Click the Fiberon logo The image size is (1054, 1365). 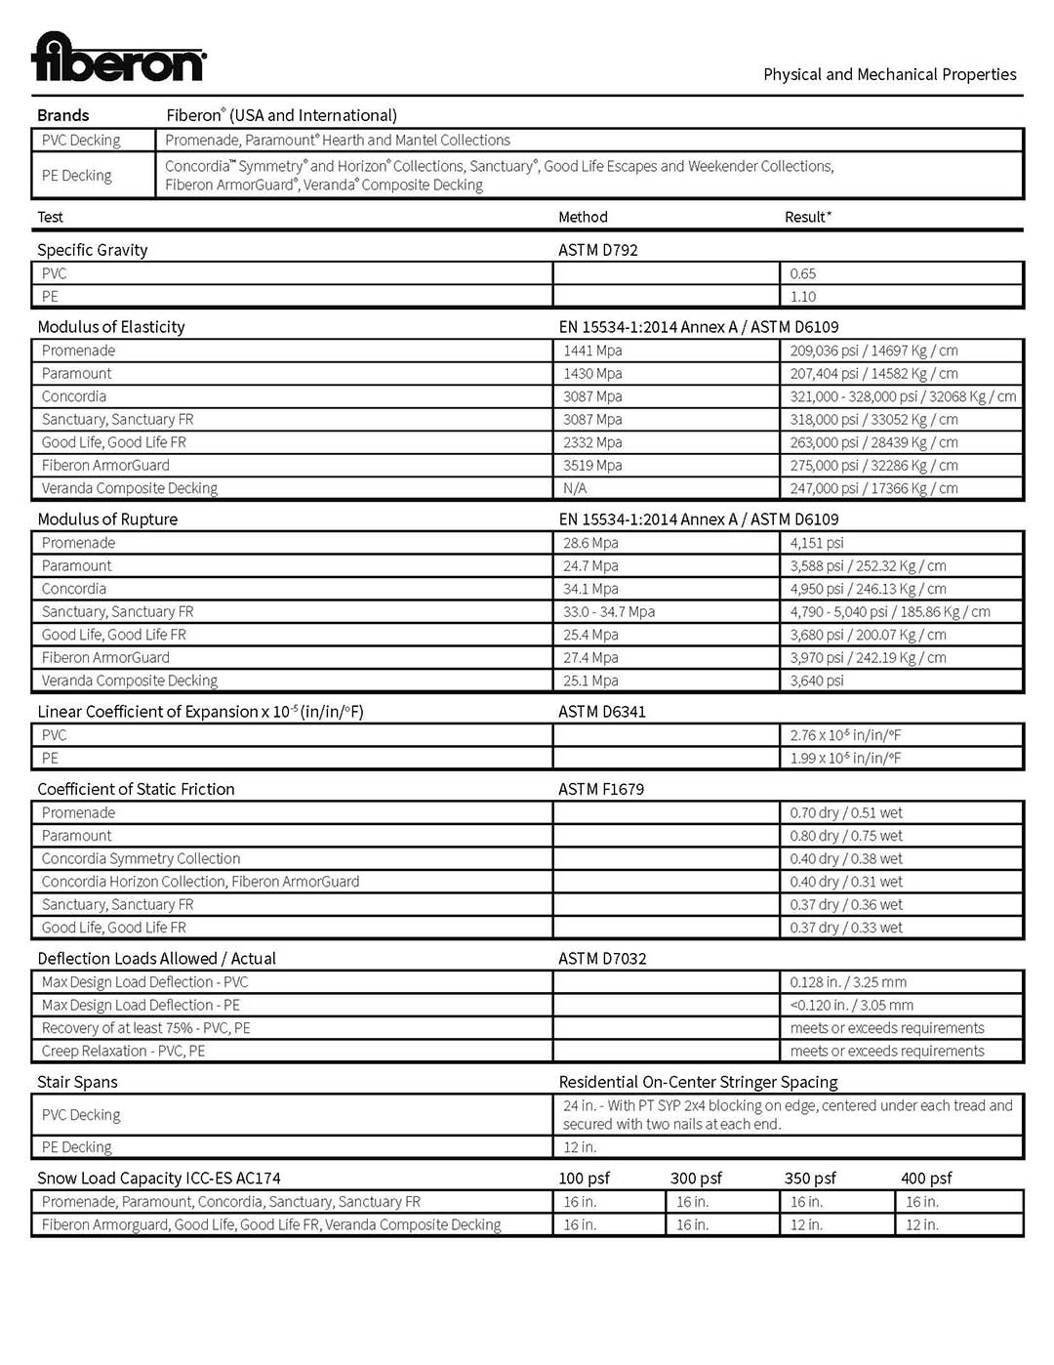[x=118, y=58]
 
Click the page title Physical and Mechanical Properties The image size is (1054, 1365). [x=889, y=74]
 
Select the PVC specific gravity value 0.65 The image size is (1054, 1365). [x=802, y=274]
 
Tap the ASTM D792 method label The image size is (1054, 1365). [x=597, y=250]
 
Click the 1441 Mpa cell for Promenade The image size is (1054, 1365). [x=592, y=351]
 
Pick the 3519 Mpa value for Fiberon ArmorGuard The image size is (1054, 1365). [x=592, y=466]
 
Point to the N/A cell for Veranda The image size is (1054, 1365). [x=575, y=488]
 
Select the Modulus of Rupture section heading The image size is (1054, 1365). [x=107, y=519]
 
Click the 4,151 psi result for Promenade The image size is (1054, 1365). [x=817, y=543]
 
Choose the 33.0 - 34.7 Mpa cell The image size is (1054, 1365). [x=609, y=612]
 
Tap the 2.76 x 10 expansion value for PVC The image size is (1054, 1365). [x=845, y=735]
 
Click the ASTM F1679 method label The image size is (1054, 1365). [x=600, y=789]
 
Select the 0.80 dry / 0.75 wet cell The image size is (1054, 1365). [x=846, y=836]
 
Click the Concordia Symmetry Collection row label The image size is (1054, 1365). [x=141, y=859]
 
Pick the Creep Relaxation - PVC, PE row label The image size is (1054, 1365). [x=123, y=1052]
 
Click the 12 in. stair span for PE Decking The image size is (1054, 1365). [x=580, y=1147]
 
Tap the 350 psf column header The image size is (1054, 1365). [x=810, y=1179]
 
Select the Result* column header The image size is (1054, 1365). [x=808, y=217]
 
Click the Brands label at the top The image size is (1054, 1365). [x=62, y=115]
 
